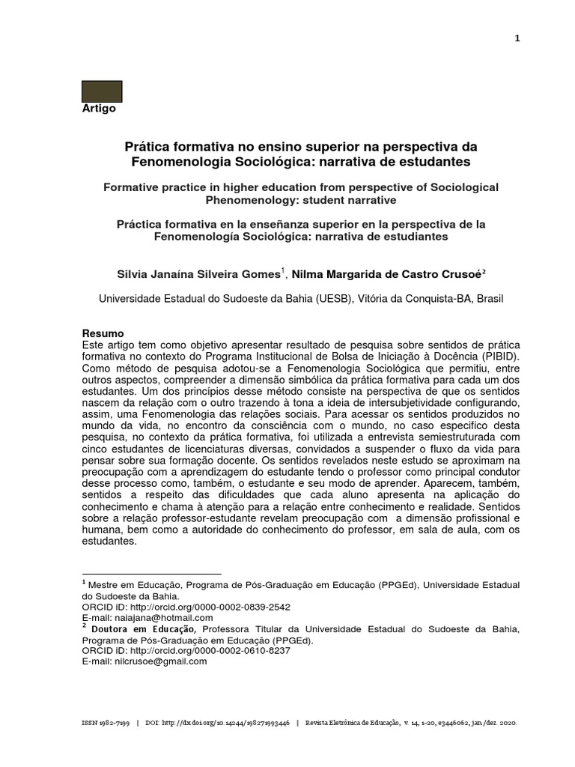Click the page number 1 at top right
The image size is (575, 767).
(516, 40)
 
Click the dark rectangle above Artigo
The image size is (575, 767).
(101, 91)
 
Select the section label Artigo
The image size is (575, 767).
(98, 109)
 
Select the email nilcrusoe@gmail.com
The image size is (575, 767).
(159, 661)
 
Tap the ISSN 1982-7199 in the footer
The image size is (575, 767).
(104, 724)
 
